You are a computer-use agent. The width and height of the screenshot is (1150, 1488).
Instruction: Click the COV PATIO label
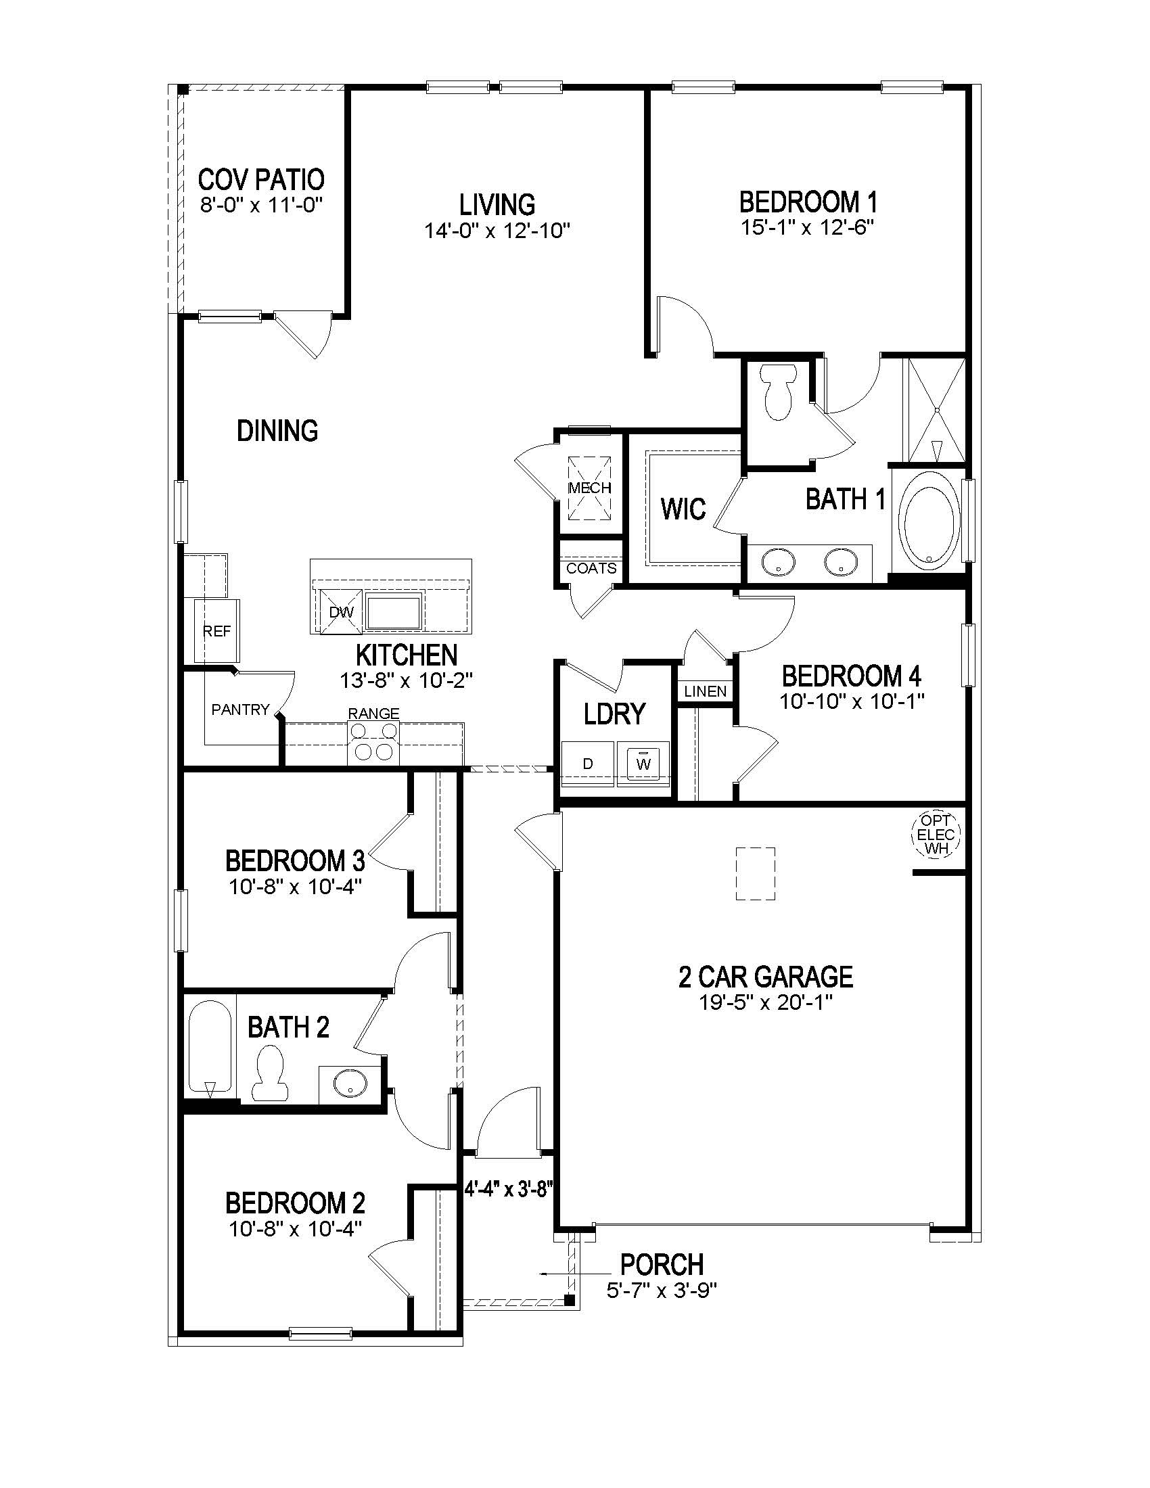261,180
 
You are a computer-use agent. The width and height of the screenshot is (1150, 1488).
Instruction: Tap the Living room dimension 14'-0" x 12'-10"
497,231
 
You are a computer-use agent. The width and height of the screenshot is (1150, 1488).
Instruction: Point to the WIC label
683,509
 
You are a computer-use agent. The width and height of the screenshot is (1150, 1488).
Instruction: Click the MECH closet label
590,488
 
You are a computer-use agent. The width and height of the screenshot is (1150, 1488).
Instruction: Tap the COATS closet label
591,568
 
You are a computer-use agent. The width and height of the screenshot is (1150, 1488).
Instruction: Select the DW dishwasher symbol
342,612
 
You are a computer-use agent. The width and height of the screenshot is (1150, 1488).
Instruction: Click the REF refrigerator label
216,632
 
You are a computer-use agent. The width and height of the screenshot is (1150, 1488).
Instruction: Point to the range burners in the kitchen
373,742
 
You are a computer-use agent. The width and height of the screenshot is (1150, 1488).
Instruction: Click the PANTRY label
241,710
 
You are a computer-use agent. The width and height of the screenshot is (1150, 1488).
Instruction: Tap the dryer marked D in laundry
588,764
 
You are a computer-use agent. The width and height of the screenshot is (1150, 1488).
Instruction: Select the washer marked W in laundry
643,762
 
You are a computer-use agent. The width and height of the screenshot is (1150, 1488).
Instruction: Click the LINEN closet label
705,691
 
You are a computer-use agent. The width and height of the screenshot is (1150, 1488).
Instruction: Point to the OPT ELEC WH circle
936,834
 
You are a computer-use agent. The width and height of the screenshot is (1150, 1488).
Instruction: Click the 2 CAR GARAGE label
766,977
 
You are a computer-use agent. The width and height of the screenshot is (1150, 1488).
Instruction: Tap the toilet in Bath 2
269,1075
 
